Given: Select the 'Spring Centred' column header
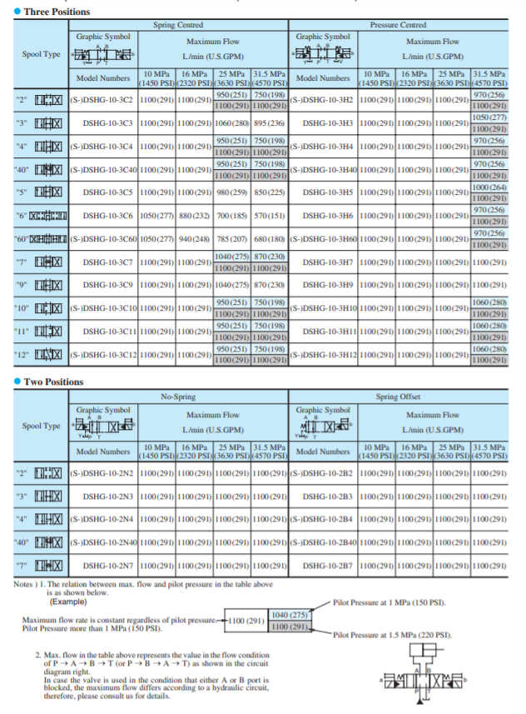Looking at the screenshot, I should [178, 26].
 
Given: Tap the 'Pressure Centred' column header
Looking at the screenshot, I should [398, 26].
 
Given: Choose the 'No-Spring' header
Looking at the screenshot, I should [178, 397].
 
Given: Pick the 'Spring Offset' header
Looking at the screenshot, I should [398, 397].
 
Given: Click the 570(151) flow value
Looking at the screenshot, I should [270, 216].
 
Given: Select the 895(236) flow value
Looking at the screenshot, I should [270, 122].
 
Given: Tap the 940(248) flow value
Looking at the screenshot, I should [196, 238].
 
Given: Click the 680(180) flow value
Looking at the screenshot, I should [270, 238].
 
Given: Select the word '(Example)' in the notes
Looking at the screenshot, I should [71, 601].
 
